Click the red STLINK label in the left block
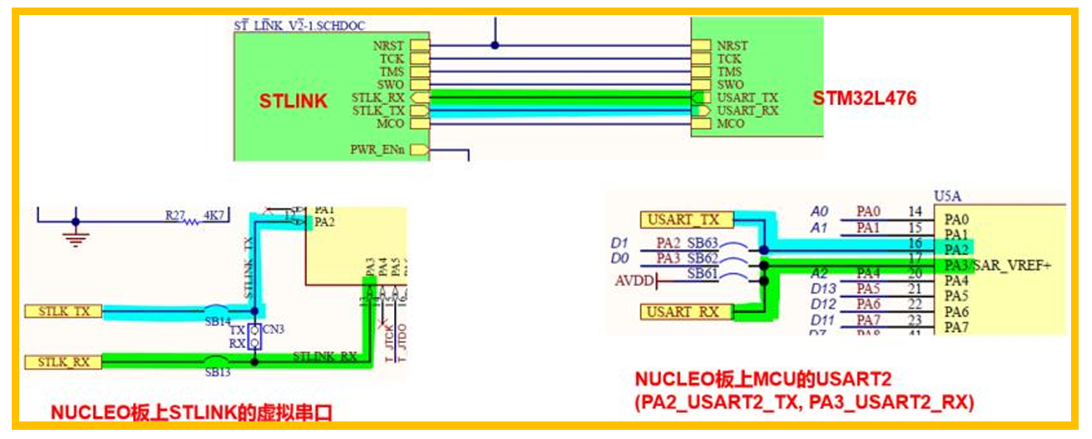(x=293, y=102)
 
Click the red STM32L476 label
(x=864, y=98)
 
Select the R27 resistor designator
(x=174, y=216)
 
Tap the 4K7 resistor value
(x=215, y=216)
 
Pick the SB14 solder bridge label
(x=218, y=322)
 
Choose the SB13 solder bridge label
(x=218, y=372)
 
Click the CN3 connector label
(x=274, y=330)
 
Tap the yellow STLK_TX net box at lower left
(x=64, y=311)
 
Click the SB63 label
(x=703, y=242)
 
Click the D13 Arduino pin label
(x=823, y=288)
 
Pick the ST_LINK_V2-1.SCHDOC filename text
(x=299, y=26)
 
